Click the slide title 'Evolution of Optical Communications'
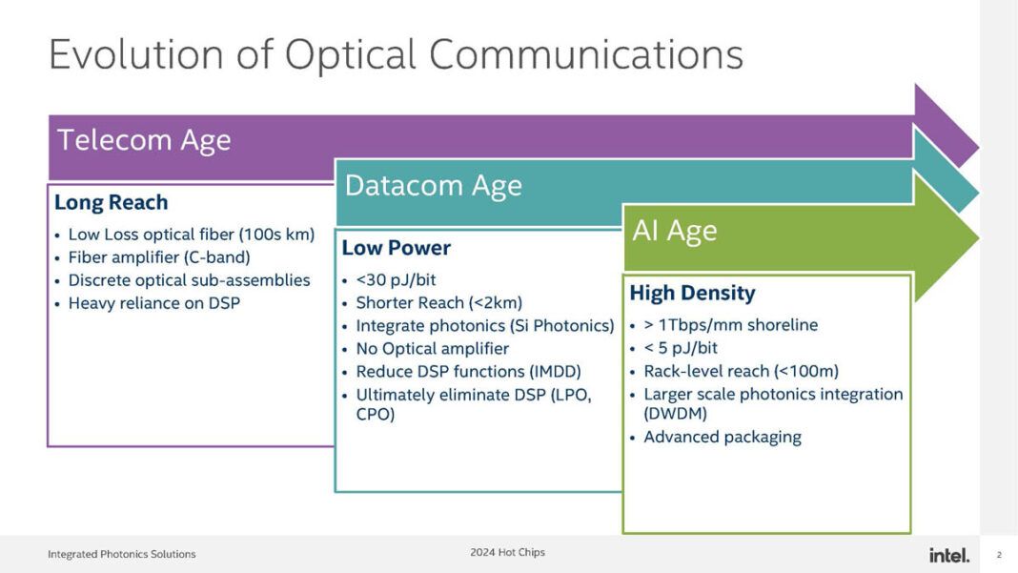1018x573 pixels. [x=396, y=55]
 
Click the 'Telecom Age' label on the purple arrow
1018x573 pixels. [x=144, y=140]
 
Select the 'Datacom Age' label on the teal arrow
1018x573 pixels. [x=433, y=185]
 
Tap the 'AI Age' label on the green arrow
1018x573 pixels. [x=674, y=231]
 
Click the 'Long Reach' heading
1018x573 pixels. [x=111, y=202]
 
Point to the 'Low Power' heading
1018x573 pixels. [x=396, y=248]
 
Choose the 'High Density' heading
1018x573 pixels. [x=692, y=293]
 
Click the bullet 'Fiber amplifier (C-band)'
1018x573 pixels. [x=158, y=256]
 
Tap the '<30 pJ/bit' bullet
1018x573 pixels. [x=396, y=279]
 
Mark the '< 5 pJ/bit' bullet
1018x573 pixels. [x=681, y=348]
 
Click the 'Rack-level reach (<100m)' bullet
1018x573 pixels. [x=741, y=371]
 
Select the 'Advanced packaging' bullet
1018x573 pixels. [x=722, y=437]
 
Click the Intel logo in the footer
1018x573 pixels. [x=948, y=555]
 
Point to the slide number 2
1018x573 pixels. [x=999, y=555]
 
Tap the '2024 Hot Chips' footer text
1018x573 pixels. [x=507, y=552]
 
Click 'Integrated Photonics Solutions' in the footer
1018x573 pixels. [x=122, y=554]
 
